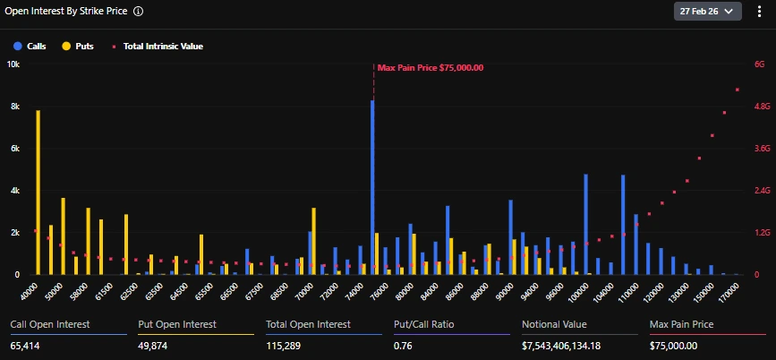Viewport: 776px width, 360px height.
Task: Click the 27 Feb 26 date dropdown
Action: [x=707, y=12]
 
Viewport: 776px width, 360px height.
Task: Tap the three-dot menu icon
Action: [x=759, y=12]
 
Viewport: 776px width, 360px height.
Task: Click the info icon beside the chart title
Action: [x=138, y=12]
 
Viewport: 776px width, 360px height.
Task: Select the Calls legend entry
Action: [x=30, y=46]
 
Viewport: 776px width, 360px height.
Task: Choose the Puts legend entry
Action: [x=78, y=46]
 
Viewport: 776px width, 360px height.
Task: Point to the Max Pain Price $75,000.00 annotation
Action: [x=430, y=67]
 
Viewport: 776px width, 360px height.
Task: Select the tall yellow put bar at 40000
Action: [x=38, y=192]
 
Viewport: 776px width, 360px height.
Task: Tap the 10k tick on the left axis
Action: [x=13, y=64]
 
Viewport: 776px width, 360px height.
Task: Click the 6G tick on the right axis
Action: [x=760, y=64]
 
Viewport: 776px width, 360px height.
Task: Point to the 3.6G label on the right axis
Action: [x=762, y=149]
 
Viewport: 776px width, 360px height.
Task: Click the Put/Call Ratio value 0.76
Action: [x=404, y=346]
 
